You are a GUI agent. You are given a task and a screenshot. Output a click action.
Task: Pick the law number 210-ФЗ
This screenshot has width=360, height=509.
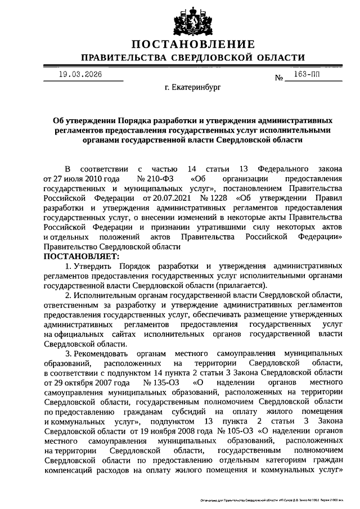[x=154, y=178]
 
